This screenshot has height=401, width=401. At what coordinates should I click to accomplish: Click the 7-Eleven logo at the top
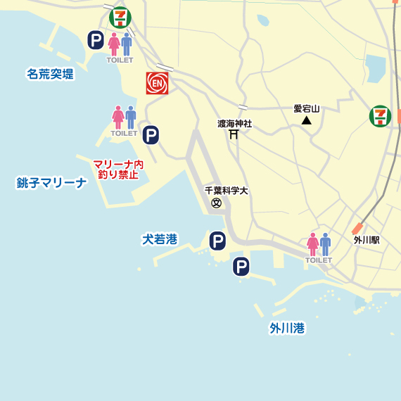120,16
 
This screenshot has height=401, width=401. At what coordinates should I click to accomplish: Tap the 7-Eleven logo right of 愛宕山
381,116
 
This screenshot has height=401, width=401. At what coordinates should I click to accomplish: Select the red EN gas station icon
157,84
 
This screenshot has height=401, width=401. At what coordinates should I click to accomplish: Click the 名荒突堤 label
50,73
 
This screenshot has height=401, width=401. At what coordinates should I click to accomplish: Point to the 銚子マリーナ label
51,184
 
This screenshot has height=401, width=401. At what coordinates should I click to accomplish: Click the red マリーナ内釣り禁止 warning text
118,169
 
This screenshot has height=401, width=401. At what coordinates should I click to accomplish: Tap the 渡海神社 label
234,124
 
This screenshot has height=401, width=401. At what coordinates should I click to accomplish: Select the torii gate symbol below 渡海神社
233,135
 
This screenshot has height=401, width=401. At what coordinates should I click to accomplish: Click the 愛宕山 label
306,108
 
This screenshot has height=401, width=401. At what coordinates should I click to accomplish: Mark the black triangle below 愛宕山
306,121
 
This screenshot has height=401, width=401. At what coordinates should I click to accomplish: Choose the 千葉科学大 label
227,191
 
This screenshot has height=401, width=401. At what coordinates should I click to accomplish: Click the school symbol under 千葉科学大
217,203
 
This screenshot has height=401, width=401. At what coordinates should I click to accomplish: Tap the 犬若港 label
160,240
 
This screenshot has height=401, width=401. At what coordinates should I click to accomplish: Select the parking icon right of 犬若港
218,242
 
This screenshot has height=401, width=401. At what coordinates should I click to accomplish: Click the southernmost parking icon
241,267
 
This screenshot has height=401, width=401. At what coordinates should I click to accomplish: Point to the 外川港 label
287,328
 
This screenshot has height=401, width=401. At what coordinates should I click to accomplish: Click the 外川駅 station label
367,240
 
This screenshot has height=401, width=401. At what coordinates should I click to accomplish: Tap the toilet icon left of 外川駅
319,246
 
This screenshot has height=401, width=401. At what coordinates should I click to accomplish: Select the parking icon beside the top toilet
96,40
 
